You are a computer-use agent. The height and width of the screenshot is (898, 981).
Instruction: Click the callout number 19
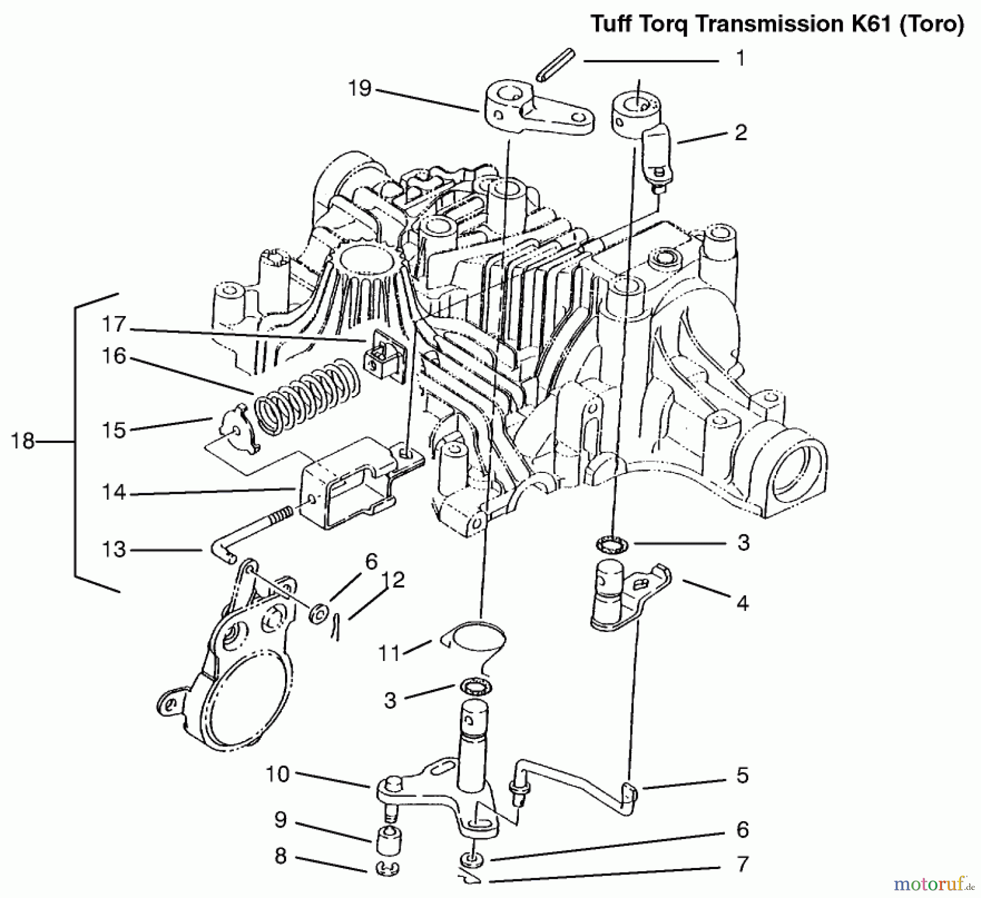359,88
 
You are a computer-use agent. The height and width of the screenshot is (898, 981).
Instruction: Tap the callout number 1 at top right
740,58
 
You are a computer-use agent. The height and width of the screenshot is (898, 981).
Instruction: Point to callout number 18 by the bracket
22,441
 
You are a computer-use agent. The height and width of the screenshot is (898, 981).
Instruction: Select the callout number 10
277,774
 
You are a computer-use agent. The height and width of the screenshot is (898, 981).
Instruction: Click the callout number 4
742,603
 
